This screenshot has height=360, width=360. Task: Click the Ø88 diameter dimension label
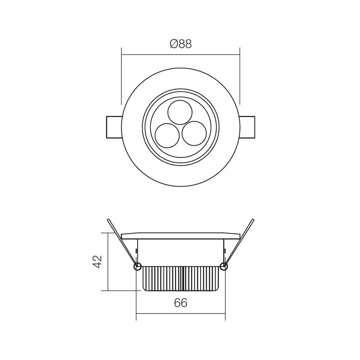[x=181, y=44]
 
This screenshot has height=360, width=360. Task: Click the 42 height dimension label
[x=98, y=261]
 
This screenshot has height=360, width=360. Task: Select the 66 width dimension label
[x=180, y=303]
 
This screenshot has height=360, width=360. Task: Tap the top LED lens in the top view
[x=180, y=112]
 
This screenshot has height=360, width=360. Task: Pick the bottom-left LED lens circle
[x=167, y=135]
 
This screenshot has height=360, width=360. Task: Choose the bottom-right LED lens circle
[x=194, y=133]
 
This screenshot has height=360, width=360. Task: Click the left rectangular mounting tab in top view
[x=114, y=127]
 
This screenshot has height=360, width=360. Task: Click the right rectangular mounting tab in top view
[x=247, y=127]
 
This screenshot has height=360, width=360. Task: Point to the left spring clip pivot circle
[x=137, y=266]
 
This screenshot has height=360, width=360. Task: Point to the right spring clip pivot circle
[x=224, y=266]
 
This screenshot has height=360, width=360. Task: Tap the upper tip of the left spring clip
[x=108, y=220]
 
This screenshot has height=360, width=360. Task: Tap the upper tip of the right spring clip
[x=253, y=220]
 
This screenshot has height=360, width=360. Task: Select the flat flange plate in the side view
[x=180, y=236]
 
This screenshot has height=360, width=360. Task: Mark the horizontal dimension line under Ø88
[x=151, y=55]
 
